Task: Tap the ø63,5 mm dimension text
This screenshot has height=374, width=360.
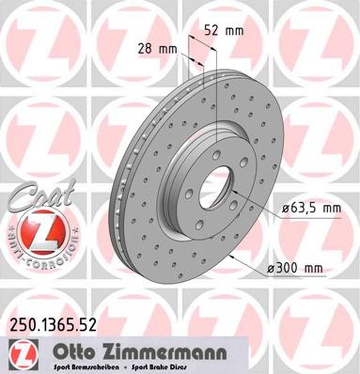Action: (x=310, y=209)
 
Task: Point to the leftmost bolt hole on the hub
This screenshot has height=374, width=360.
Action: (x=188, y=193)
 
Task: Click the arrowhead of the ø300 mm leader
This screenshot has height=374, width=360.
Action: (x=232, y=257)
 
